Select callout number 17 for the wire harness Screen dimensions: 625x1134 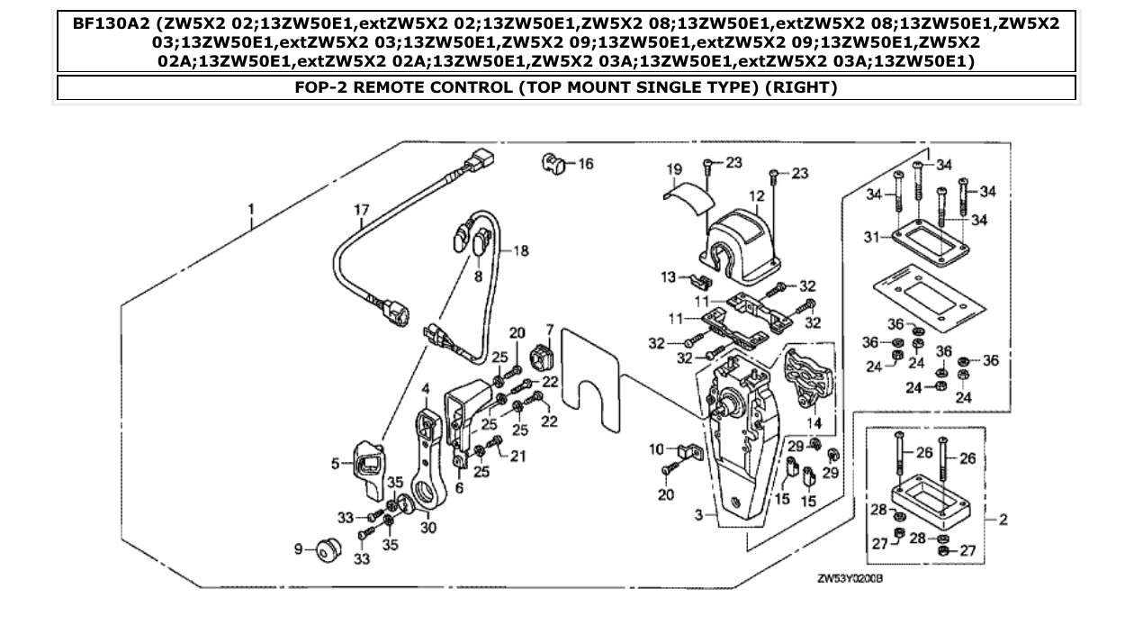pos(362,211)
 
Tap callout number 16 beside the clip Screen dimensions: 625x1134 pos(585,164)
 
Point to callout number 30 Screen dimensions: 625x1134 pos(427,528)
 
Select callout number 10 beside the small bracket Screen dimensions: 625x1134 pos(656,448)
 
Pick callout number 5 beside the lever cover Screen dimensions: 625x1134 pos(335,465)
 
